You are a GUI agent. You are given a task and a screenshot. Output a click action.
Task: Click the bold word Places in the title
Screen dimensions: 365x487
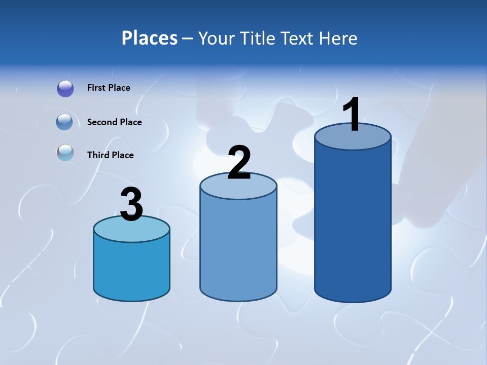pyautogui.click(x=150, y=38)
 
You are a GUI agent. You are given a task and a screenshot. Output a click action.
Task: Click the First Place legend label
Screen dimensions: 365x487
pyautogui.click(x=109, y=88)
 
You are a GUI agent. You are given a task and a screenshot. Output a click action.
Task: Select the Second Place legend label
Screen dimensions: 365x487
pyautogui.click(x=114, y=122)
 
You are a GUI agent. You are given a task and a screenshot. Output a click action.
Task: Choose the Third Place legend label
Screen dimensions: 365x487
pyautogui.click(x=110, y=155)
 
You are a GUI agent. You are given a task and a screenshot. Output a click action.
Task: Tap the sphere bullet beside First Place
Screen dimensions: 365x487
pyautogui.click(x=65, y=89)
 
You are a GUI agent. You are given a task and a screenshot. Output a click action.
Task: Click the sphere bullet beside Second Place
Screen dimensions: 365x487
pyautogui.click(x=64, y=122)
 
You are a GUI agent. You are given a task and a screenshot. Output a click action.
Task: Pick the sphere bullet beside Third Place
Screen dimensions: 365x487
pyautogui.click(x=65, y=153)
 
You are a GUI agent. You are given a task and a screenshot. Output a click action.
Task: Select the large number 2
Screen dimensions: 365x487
pyautogui.click(x=239, y=163)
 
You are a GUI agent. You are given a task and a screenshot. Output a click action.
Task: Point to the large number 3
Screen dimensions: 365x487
pyautogui.click(x=131, y=205)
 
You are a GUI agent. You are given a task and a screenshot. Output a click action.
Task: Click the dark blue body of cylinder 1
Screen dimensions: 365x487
pyautogui.click(x=353, y=223)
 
